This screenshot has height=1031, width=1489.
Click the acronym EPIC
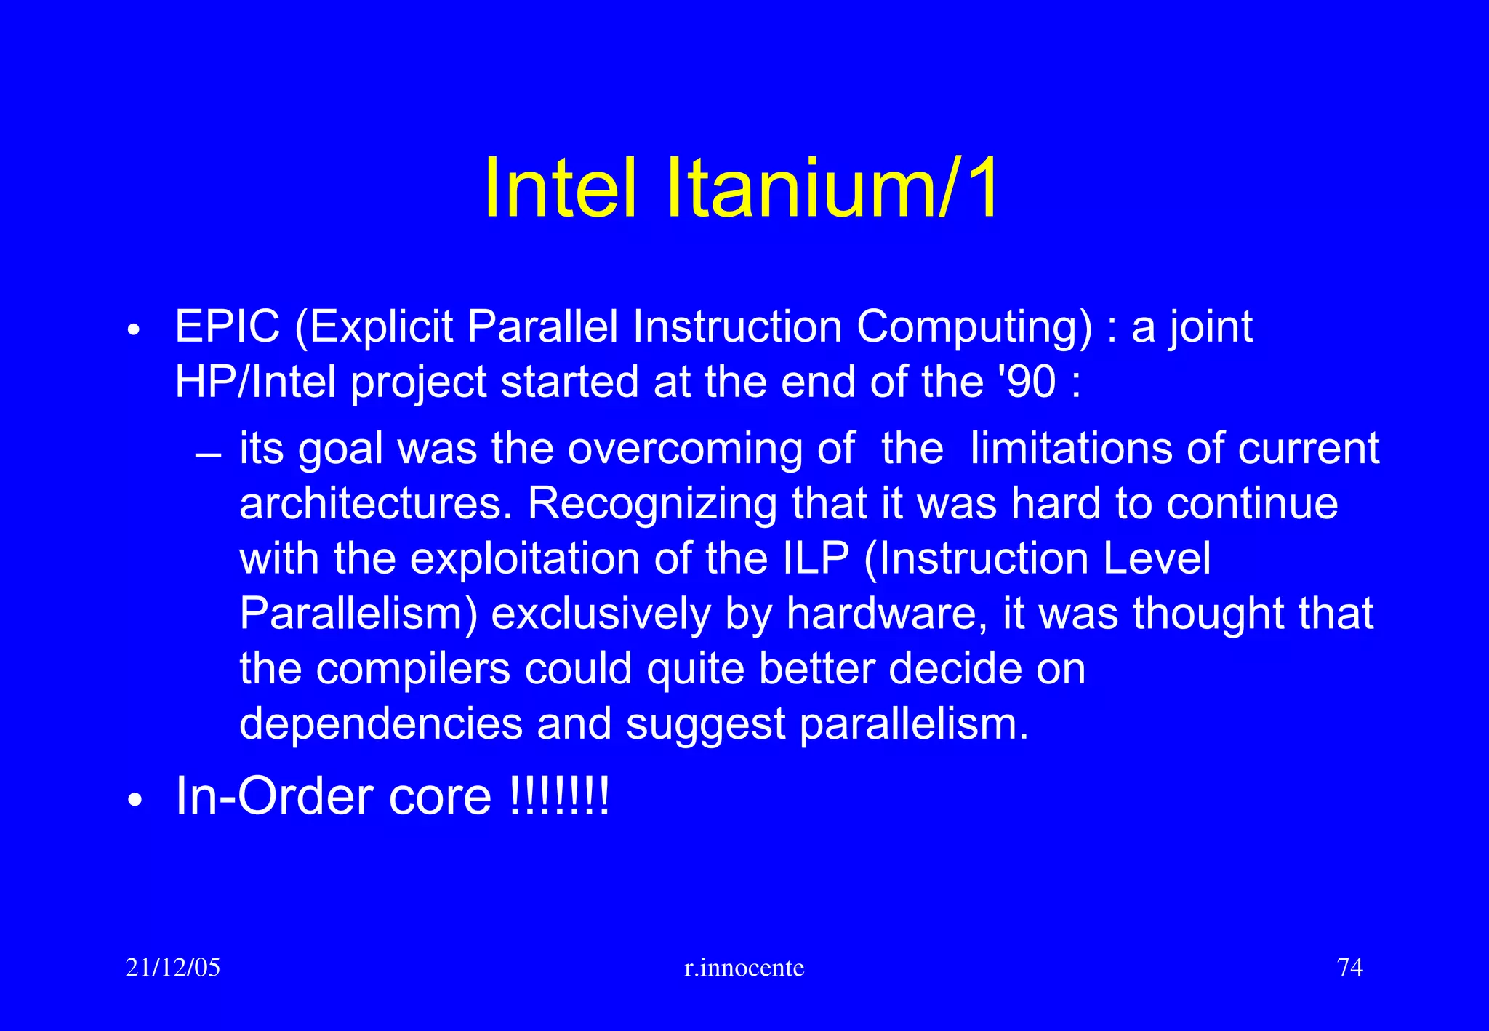(x=227, y=326)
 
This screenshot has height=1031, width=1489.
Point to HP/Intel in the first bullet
(x=255, y=382)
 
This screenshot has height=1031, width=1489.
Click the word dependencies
(x=381, y=724)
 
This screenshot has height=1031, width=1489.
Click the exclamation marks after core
(x=558, y=796)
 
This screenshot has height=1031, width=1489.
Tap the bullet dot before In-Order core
(x=133, y=801)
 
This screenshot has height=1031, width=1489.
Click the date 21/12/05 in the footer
(x=172, y=968)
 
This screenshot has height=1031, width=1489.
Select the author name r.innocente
(x=744, y=968)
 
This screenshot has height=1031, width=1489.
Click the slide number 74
(x=1349, y=968)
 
